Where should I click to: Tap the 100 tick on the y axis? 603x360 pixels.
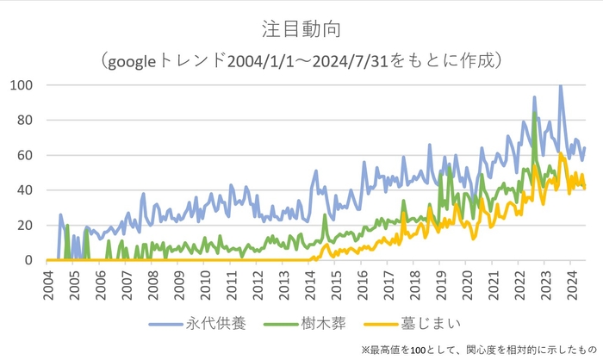[22, 85]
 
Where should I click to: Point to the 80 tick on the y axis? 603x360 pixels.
[25, 121]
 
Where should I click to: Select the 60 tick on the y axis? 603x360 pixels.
[25, 155]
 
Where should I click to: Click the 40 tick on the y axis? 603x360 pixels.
[25, 190]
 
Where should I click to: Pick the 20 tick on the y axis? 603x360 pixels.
[25, 226]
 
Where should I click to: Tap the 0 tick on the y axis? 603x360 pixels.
[28, 260]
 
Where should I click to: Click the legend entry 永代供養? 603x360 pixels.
[215, 324]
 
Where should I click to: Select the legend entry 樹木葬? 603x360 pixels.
[320, 324]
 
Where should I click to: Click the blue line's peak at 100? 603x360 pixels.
[561, 86]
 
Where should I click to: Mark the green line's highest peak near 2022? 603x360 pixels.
[535, 113]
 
